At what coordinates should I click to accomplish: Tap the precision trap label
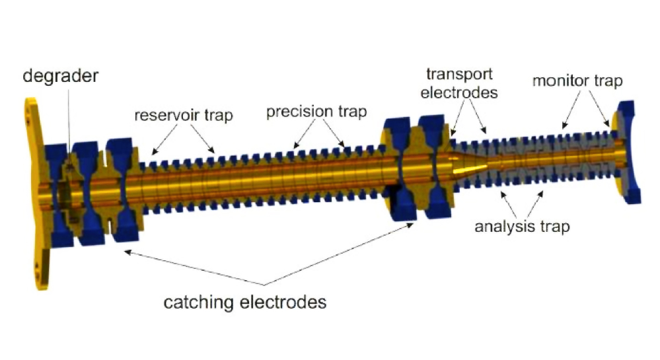click(x=316, y=111)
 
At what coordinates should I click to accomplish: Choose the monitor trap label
click(x=577, y=81)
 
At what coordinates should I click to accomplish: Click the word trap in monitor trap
click(x=608, y=81)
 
